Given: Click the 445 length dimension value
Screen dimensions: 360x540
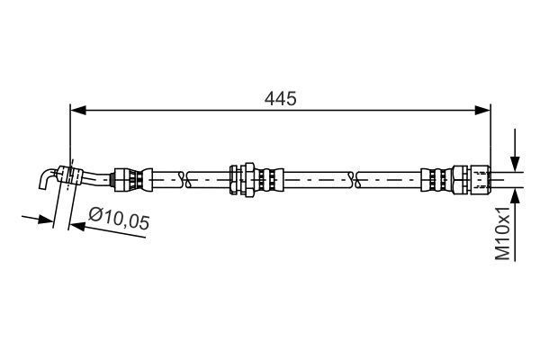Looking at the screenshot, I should (x=280, y=96).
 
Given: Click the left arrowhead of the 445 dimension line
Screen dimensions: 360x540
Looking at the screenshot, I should (x=77, y=110).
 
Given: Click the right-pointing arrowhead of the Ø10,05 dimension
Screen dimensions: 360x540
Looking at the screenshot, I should (x=49, y=220).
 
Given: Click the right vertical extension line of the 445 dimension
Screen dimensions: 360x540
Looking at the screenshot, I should (x=491, y=135).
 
